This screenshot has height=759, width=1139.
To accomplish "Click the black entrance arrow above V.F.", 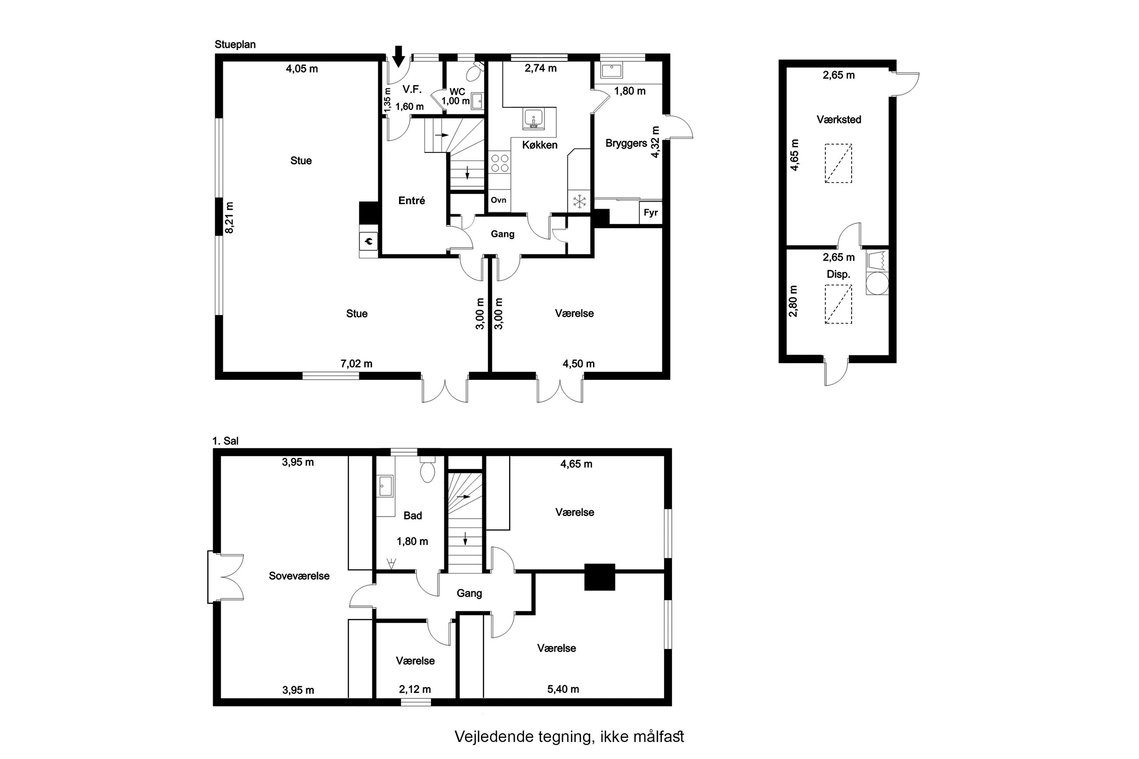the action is (x=398, y=56).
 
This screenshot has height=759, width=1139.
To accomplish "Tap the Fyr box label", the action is (x=651, y=212).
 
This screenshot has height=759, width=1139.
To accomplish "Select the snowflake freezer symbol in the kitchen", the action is (x=580, y=201).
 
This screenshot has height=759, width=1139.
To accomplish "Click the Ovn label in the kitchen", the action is (x=498, y=200).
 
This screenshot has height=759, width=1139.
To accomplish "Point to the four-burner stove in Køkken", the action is (x=499, y=162).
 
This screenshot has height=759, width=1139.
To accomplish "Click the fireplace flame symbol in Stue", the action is (x=369, y=240).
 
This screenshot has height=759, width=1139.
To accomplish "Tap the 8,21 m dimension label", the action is (x=230, y=217).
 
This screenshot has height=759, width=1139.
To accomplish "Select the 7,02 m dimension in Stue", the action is (x=356, y=364).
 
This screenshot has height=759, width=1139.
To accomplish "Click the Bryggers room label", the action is (x=626, y=144).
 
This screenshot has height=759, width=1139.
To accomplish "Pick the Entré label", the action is (x=411, y=201).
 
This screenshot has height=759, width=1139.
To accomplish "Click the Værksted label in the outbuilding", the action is (x=839, y=120).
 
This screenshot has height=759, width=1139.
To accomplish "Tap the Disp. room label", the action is (x=838, y=275).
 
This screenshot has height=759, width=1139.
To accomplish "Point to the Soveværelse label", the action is (x=299, y=576).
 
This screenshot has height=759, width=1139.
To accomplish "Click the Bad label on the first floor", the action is (x=413, y=515).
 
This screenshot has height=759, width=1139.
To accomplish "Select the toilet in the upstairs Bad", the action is (x=428, y=470).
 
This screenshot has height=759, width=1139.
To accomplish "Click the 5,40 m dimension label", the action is (x=563, y=689).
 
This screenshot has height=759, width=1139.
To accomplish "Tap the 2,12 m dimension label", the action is (x=415, y=689).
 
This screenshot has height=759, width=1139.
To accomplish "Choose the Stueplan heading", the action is (x=235, y=45).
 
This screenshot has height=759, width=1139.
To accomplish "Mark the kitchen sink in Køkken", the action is (x=533, y=119).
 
